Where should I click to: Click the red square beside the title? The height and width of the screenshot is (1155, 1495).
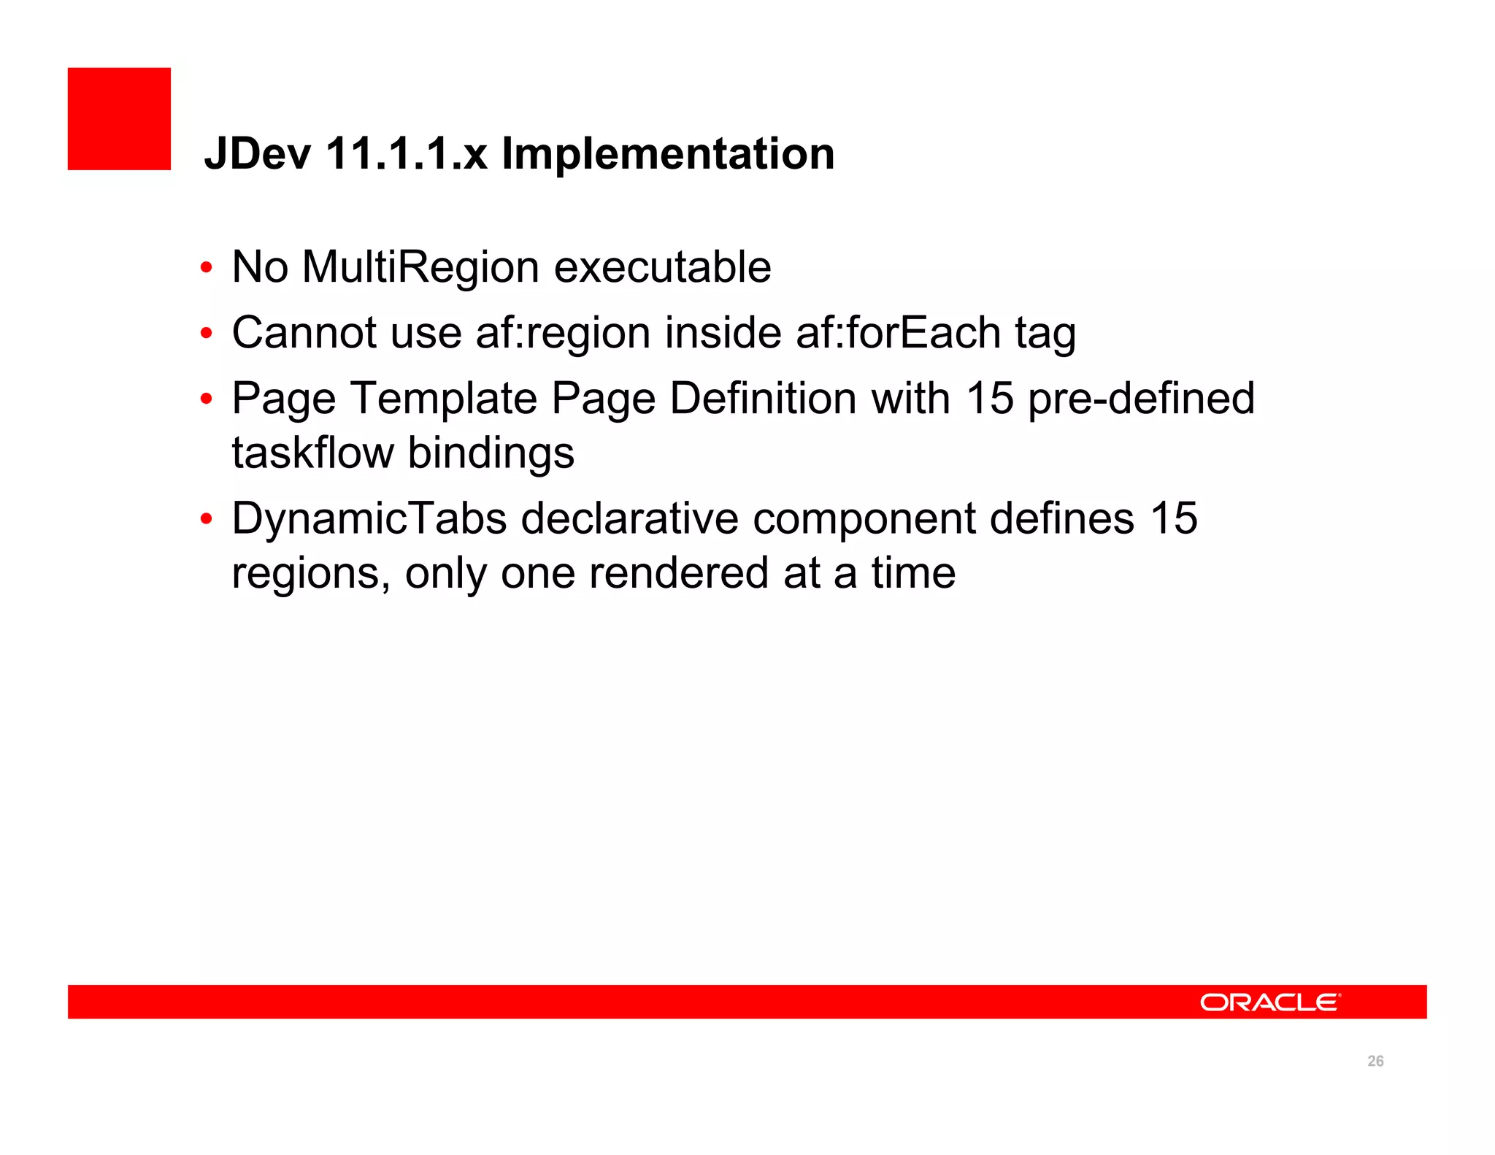(119, 119)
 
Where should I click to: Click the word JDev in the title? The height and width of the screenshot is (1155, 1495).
(258, 154)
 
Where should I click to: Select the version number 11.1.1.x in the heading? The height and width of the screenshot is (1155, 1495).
(406, 154)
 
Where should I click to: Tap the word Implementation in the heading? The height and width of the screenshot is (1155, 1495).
(668, 154)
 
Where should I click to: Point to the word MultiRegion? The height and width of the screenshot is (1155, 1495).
(421, 267)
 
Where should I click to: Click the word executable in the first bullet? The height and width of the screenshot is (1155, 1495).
(662, 267)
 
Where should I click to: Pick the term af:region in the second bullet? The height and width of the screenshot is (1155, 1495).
(563, 334)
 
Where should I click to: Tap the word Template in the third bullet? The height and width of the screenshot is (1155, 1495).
(444, 399)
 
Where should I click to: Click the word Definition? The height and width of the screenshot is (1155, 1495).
(764, 399)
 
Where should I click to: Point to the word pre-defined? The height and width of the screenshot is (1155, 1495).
(1141, 399)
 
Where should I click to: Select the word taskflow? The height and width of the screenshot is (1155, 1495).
(312, 453)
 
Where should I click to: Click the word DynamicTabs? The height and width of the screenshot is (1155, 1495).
(369, 519)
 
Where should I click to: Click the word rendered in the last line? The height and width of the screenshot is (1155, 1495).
(679, 573)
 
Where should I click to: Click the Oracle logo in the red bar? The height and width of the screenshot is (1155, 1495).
(1269, 1002)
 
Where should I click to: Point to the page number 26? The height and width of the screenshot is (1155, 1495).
(1375, 1061)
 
